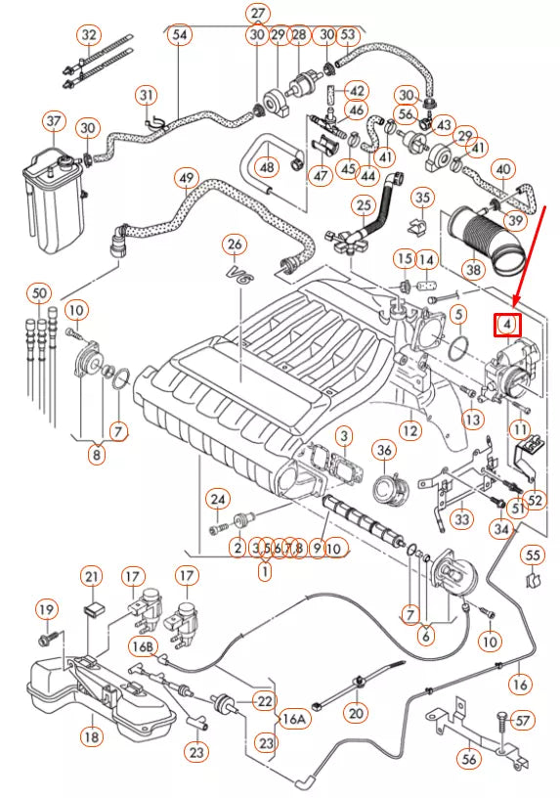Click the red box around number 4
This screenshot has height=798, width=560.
[x=508, y=323]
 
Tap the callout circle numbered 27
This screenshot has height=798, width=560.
[x=257, y=14]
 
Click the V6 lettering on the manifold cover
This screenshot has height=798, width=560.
[x=239, y=275]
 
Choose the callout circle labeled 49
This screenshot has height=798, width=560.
[x=187, y=179]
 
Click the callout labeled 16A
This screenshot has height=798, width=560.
[x=293, y=719]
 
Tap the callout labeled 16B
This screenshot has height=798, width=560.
[x=144, y=646]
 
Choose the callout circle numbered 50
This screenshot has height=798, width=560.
[x=38, y=292]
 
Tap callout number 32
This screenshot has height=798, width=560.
[x=90, y=35]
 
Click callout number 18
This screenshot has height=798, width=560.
[x=90, y=734]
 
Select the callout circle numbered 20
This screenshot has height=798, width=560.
[x=356, y=712]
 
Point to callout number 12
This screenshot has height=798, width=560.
[x=409, y=428]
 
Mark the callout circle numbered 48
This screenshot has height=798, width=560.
[x=268, y=167]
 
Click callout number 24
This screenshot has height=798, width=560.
[x=218, y=500]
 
